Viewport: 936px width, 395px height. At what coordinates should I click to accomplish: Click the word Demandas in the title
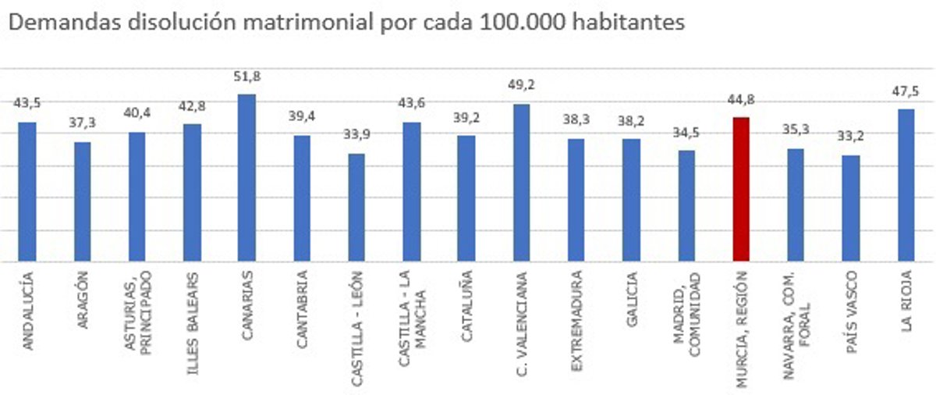click(51, 23)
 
